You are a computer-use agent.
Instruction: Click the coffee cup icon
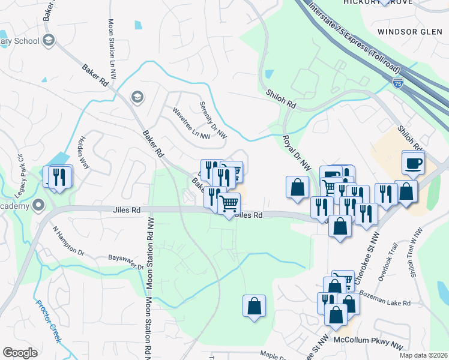point(414,162)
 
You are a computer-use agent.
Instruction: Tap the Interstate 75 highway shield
point(398,84)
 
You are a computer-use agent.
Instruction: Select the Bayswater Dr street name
point(126,262)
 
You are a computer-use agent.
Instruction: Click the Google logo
point(20,353)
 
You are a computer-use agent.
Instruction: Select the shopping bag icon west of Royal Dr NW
point(297,187)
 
